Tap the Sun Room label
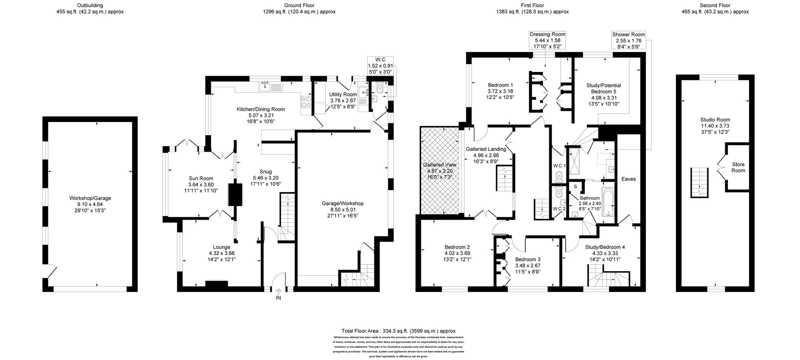(x=201, y=178)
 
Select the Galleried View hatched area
(x=440, y=171)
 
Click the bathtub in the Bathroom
(x=607, y=202)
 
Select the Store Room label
(x=738, y=167)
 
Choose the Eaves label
(x=628, y=179)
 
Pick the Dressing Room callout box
(x=547, y=40)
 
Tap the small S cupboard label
(x=576, y=186)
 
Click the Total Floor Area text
(x=398, y=331)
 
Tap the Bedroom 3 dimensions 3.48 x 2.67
(x=528, y=265)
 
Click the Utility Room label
(x=343, y=94)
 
